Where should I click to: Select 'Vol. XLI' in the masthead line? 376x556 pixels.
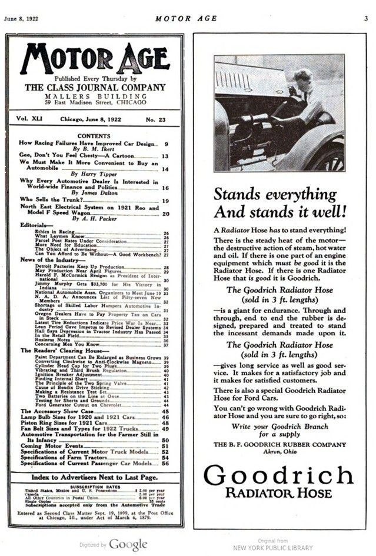pyautogui.click(x=30, y=119)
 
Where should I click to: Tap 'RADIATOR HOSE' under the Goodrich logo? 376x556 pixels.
pyautogui.click(x=278, y=493)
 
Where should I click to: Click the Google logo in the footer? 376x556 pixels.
pyautogui.click(x=128, y=544)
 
